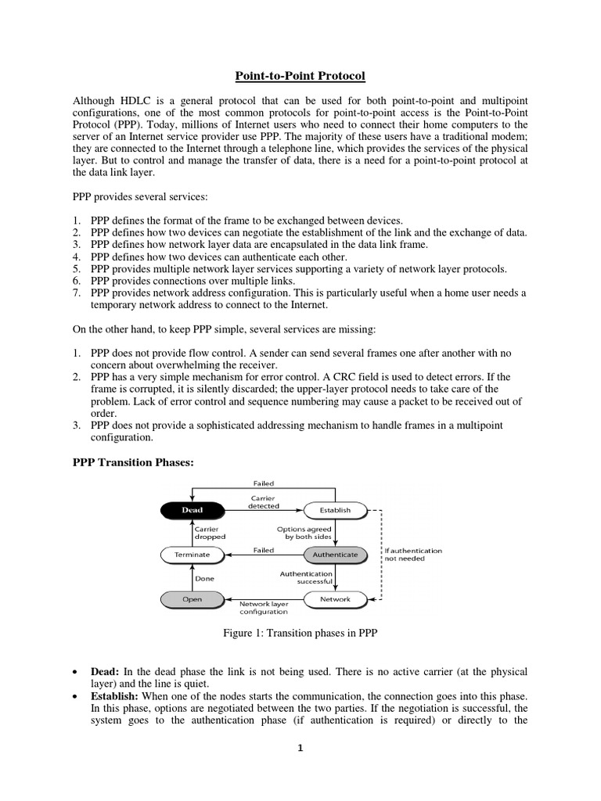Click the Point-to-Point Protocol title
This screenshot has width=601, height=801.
(300, 76)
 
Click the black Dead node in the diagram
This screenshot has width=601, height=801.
(192, 510)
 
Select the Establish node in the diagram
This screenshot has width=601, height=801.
(335, 510)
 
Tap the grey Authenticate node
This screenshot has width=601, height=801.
(335, 555)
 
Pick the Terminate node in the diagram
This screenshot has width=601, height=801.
(192, 555)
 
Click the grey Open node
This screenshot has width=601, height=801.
(192, 599)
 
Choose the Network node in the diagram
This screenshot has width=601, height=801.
(335, 599)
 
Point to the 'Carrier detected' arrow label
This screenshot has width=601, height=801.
(264, 501)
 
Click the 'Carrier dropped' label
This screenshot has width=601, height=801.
(210, 533)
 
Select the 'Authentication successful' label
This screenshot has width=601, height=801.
(306, 577)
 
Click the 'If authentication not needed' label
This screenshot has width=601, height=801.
(413, 555)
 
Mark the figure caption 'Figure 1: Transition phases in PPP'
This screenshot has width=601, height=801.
(300, 634)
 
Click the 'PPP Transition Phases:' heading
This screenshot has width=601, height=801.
(132, 463)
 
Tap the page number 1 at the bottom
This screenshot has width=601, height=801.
(300, 748)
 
